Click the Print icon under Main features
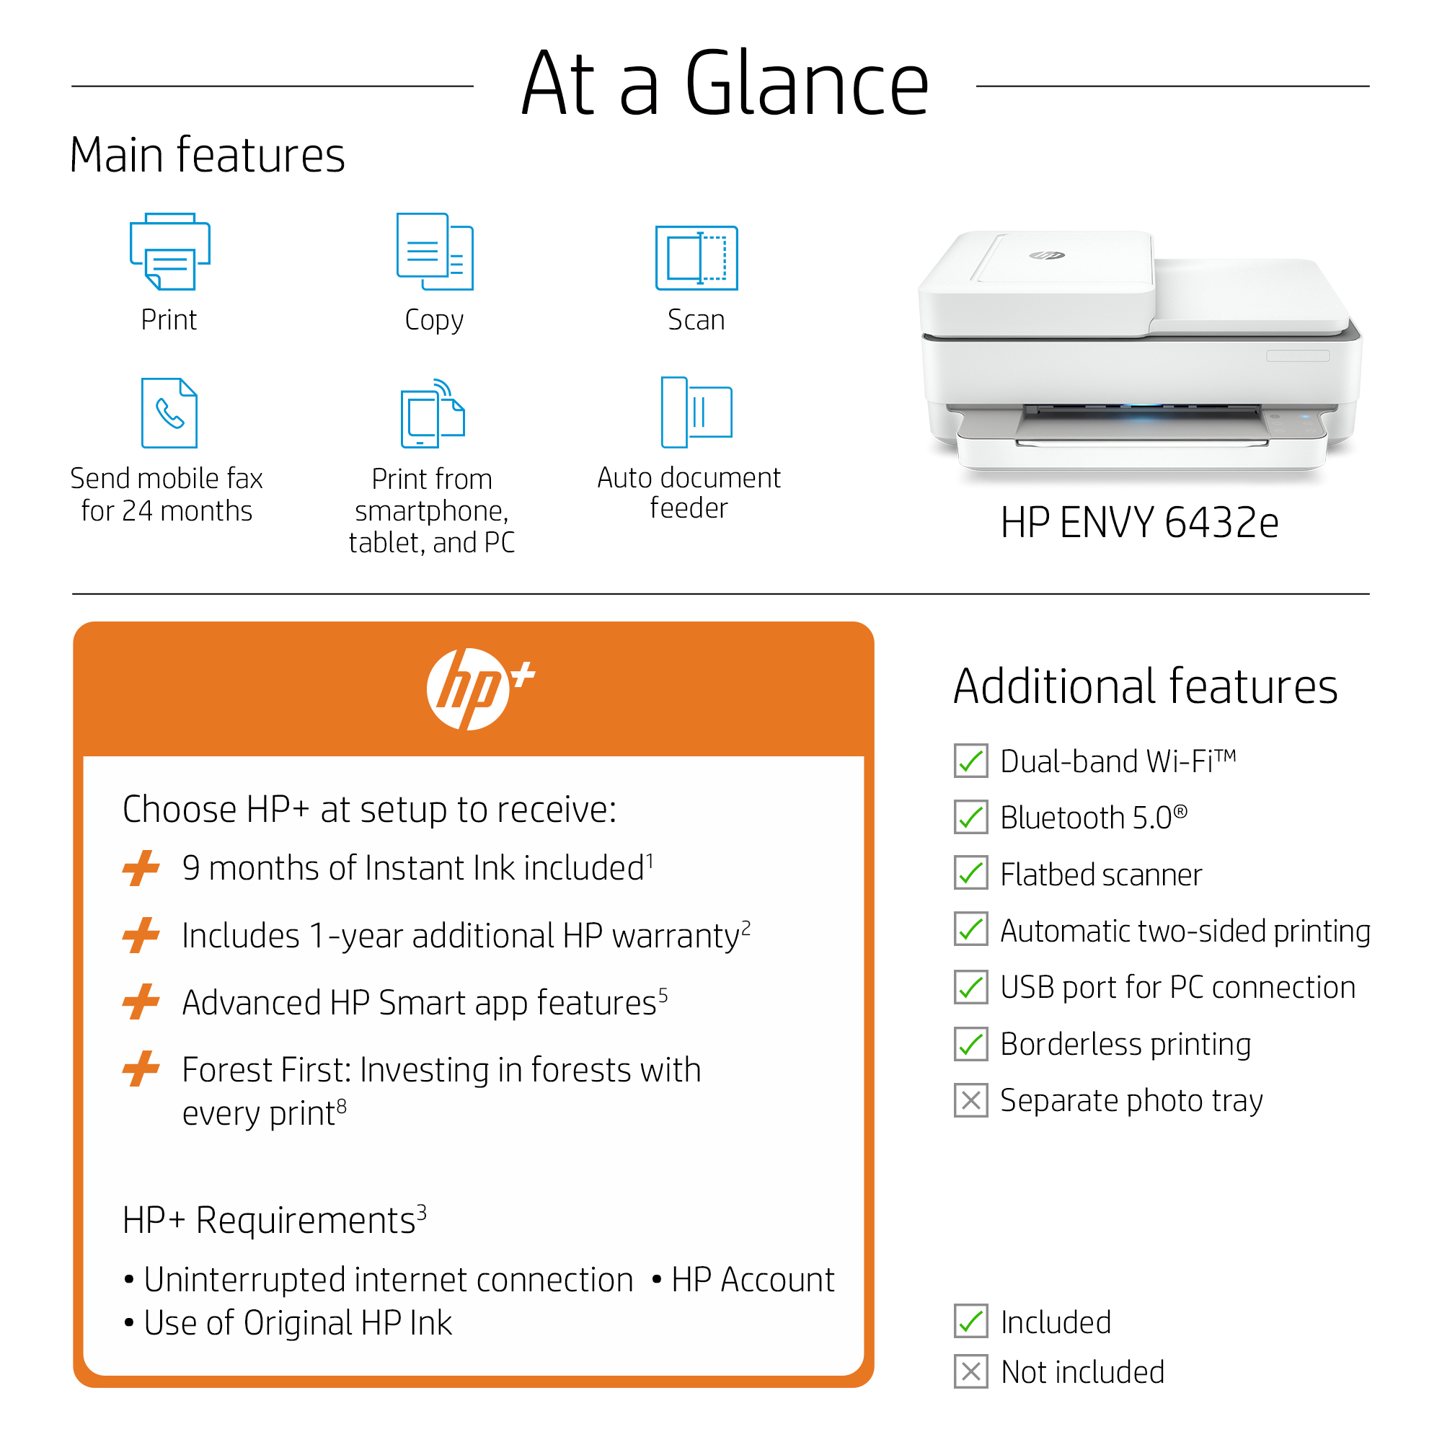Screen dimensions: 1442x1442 click(170, 252)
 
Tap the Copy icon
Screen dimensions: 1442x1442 click(434, 252)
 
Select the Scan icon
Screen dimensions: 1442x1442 click(696, 257)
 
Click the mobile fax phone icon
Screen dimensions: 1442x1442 click(169, 412)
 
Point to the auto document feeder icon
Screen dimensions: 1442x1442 click(696, 412)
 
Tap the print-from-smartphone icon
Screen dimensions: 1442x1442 click(433, 412)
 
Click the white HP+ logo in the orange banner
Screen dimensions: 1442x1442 click(480, 688)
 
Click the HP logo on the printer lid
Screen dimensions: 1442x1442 click(1046, 256)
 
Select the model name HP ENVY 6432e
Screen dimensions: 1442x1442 click(1139, 523)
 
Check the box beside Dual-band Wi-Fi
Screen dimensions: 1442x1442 click(970, 761)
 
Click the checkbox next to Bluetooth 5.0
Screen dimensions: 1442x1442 click(970, 818)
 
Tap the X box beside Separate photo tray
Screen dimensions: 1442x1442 click(970, 1100)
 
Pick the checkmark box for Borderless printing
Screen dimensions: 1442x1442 click(970, 1043)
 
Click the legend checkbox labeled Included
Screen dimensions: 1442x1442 click(970, 1321)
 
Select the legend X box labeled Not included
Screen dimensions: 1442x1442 click(970, 1372)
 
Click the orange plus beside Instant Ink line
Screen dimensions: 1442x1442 click(141, 868)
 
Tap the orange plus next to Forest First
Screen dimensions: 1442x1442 click(141, 1069)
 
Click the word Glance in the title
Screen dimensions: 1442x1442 click(807, 84)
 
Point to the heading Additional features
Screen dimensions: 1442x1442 click(1145, 686)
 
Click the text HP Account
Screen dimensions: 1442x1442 click(752, 1279)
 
